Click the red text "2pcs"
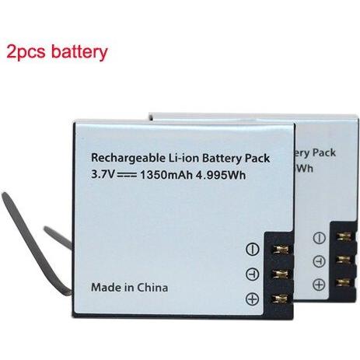(26, 51)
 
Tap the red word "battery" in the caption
(79, 51)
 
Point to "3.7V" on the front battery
(103, 174)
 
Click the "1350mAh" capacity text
(166, 175)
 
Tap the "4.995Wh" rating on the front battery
(221, 176)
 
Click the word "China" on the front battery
(152, 288)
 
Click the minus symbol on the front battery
(252, 249)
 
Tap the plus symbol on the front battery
(252, 299)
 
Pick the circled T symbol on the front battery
(252, 274)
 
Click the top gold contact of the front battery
(281, 249)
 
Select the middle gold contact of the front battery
(281, 274)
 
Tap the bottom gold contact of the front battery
(281, 299)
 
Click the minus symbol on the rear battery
(319, 238)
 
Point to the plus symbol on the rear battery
(319, 285)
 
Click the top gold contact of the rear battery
(344, 236)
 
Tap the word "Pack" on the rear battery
(323, 152)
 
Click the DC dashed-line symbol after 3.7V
(127, 175)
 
